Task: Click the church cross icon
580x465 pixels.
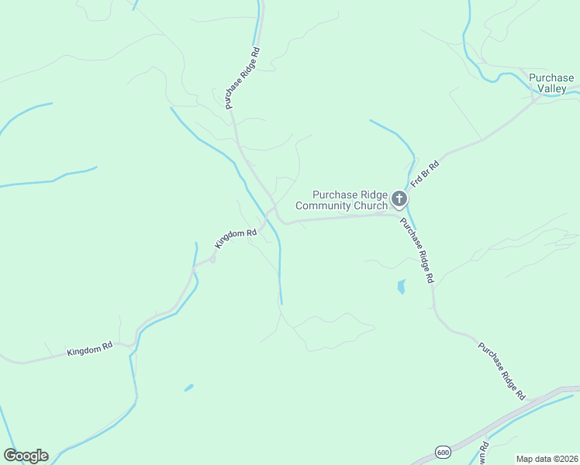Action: [x=399, y=200]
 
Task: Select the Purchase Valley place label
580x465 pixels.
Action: [x=551, y=83]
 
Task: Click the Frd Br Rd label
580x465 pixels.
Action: [x=425, y=174]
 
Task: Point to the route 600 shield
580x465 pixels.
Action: [x=443, y=452]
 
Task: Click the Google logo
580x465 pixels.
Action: [x=26, y=456]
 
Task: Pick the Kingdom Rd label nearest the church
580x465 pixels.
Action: [x=236, y=238]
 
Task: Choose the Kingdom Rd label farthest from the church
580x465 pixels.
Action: [x=90, y=350]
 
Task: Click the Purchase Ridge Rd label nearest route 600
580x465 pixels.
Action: [x=501, y=370]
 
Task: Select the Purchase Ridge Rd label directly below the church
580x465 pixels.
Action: [x=417, y=250]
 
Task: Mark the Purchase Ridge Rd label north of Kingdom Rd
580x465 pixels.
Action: [x=243, y=77]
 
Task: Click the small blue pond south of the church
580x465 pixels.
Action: [x=401, y=287]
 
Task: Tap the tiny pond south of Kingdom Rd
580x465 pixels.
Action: [x=188, y=387]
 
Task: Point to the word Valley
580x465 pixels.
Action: [x=554, y=89]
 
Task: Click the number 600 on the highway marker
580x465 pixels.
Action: [x=443, y=452]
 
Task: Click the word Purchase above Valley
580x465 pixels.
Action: [x=551, y=77]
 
